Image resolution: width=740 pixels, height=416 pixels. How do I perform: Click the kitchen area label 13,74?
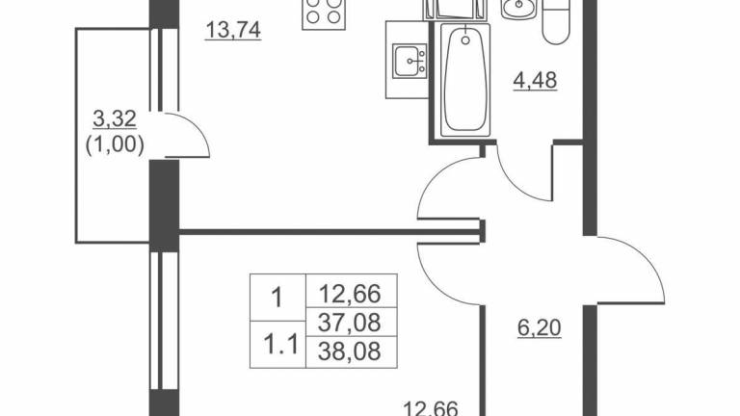coord(233,30)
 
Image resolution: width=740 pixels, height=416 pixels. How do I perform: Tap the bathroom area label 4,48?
coord(535,80)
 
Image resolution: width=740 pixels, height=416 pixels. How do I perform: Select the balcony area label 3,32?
coord(115,118)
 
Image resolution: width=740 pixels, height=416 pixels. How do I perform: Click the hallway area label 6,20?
coord(540,327)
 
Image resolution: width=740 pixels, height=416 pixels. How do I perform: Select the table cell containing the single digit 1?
coord(277,299)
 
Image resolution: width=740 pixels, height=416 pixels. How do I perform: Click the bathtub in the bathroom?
coord(465,80)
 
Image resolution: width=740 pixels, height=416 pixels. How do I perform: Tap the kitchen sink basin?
coord(410,61)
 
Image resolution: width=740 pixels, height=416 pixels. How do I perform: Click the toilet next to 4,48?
coord(557,22)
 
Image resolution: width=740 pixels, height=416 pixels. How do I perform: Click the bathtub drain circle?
coord(465,40)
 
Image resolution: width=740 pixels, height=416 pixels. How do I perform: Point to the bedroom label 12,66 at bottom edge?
coord(432,408)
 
